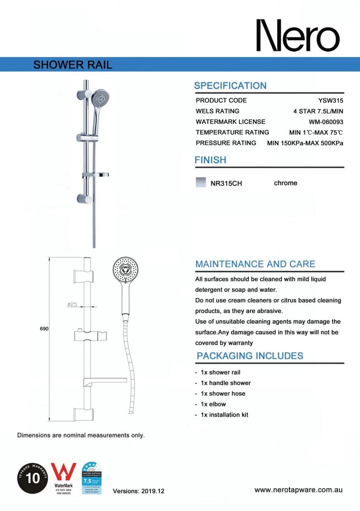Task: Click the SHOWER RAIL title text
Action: (72, 65)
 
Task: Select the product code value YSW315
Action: (331, 100)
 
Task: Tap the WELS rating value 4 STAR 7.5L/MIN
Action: (318, 111)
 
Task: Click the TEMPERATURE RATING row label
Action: (232, 132)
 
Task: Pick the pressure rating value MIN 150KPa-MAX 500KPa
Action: (305, 143)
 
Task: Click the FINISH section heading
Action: (210, 160)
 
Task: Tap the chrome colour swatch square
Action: (201, 182)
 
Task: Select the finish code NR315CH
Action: (226, 183)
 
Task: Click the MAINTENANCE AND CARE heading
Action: (255, 264)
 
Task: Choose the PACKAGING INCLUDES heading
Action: (250, 356)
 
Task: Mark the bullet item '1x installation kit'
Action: (224, 415)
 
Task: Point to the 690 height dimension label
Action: (44, 329)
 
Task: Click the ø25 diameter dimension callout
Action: (71, 304)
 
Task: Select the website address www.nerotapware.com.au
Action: (298, 490)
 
